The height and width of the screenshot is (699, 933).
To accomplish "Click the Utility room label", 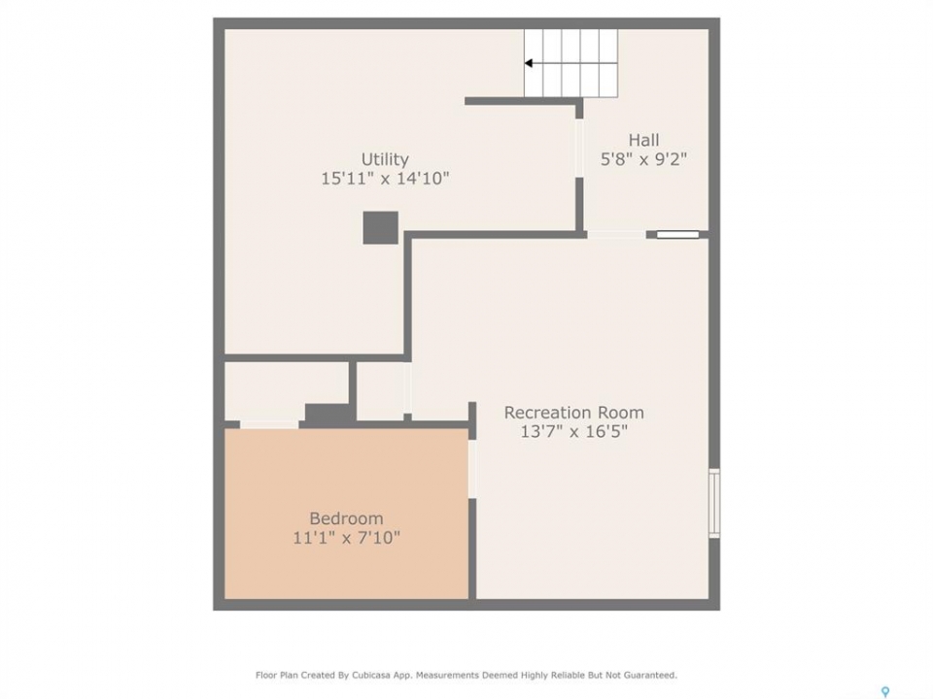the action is tap(385, 159).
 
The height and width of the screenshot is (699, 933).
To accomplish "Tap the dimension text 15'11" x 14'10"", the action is tap(385, 179).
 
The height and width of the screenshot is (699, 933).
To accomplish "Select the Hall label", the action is tap(643, 140).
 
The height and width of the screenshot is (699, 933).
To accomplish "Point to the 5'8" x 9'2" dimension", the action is tap(643, 159).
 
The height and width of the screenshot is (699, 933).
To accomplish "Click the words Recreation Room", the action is tap(573, 413).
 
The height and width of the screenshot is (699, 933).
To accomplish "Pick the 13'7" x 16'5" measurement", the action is tap(573, 431).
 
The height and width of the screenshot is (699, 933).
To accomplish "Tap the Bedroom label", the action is tap(346, 518).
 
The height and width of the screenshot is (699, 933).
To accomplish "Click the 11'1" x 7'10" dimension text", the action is tap(346, 538).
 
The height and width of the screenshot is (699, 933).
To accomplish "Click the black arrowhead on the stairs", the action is tap(529, 63).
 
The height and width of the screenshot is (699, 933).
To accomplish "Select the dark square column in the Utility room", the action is tap(381, 227).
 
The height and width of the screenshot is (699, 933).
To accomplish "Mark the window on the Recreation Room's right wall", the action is tap(714, 504).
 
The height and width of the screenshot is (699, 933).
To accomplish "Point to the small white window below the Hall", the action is tap(677, 235).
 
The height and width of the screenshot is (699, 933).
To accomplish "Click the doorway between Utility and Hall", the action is tap(579, 149).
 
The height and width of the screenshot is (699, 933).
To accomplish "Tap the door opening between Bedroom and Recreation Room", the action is tap(472, 469).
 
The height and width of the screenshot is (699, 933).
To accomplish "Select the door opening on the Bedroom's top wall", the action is tap(269, 424).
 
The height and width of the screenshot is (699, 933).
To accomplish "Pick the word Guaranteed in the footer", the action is tap(653, 676).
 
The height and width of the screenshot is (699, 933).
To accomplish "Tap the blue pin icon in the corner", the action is tap(885, 692).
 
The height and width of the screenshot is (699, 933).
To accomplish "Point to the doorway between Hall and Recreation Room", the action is tap(617, 235).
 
